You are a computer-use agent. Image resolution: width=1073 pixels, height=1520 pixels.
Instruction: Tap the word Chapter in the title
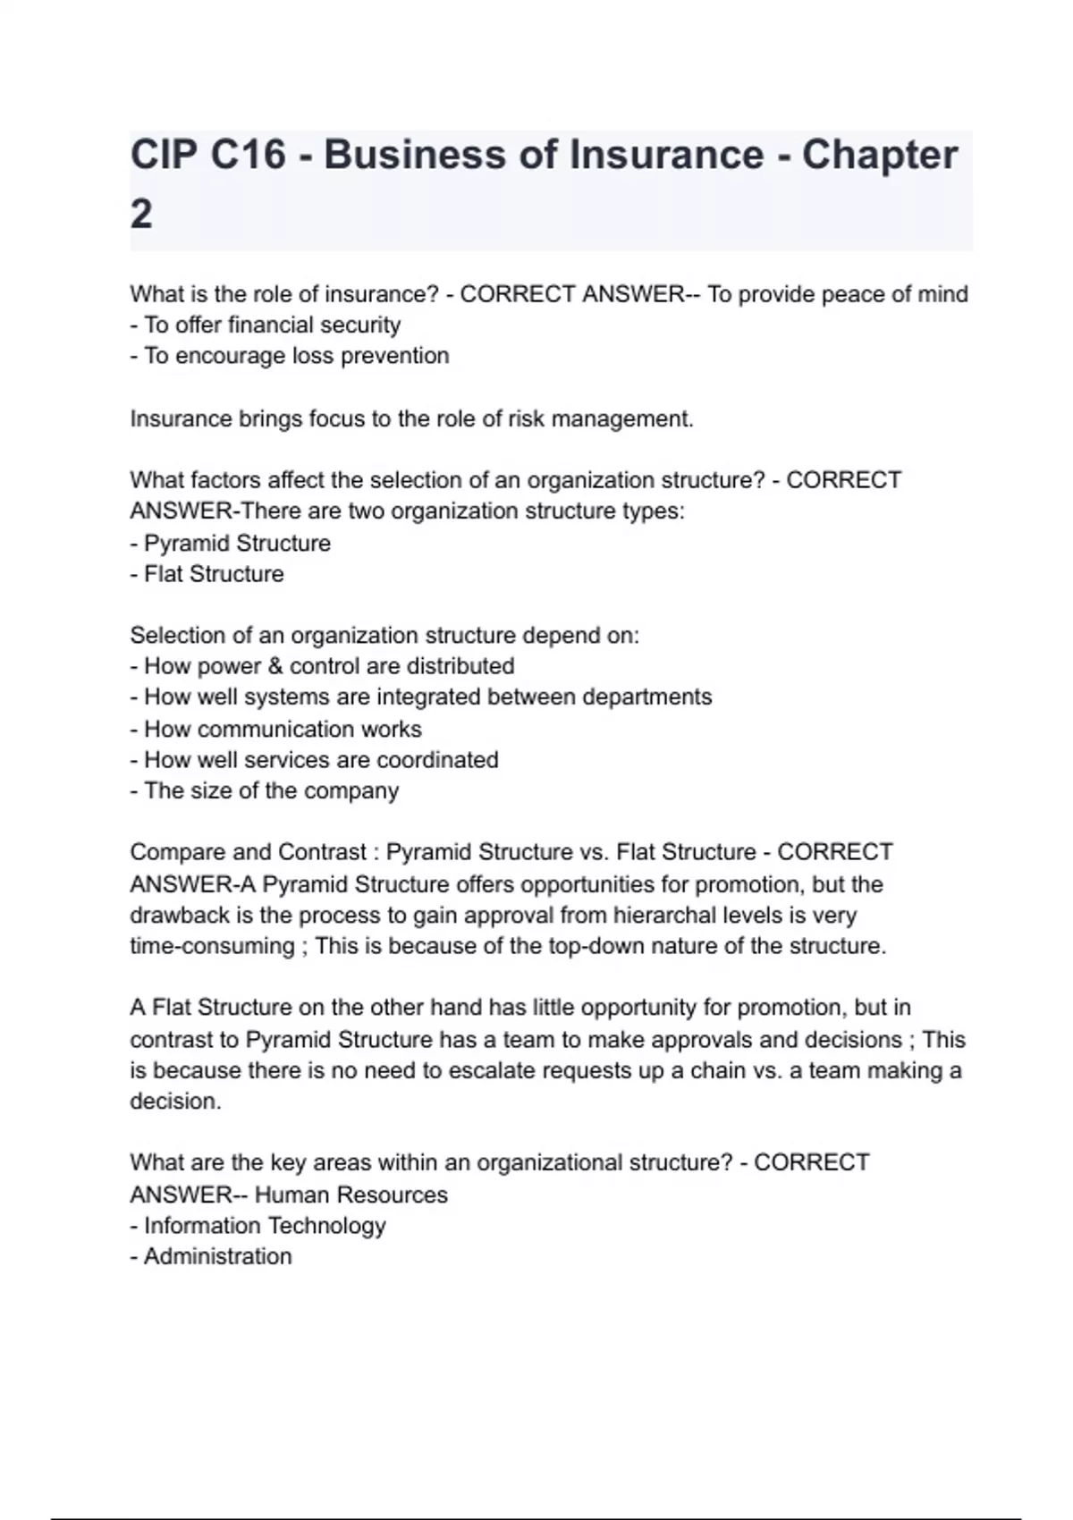pyautogui.click(x=879, y=155)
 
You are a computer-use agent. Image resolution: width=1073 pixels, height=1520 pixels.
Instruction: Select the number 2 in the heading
pyautogui.click(x=141, y=215)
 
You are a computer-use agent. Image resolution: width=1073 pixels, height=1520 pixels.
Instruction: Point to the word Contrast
pyautogui.click(x=323, y=852)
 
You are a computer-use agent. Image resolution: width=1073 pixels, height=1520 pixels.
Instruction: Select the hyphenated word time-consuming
pyautogui.click(x=212, y=946)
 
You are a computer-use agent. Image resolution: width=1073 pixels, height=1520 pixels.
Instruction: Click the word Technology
pyautogui.click(x=326, y=1226)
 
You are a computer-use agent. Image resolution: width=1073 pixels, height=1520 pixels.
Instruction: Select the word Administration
pyautogui.click(x=217, y=1256)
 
